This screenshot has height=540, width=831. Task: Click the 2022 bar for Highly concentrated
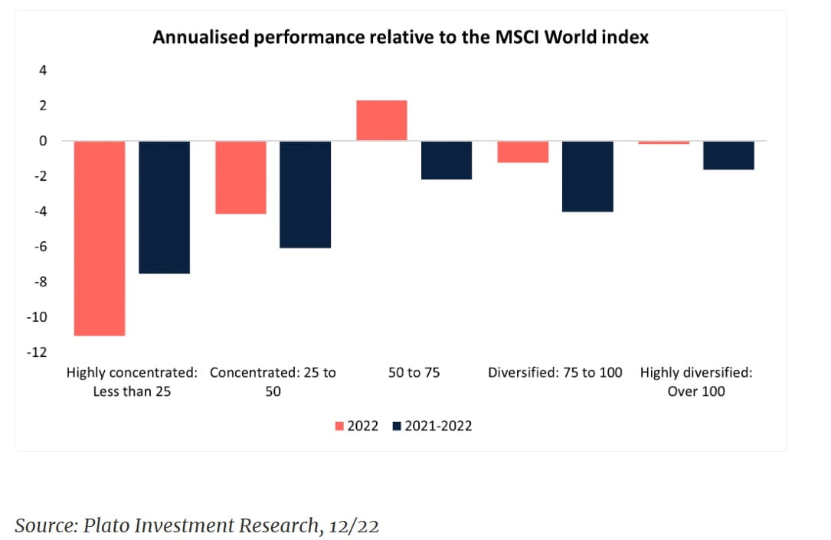point(100,238)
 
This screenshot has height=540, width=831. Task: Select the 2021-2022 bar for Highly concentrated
point(164,207)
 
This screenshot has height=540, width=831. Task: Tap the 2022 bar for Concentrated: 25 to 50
point(241,177)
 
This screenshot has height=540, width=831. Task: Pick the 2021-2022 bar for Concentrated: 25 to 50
point(306,195)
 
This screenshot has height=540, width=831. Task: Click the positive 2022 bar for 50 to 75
point(382,120)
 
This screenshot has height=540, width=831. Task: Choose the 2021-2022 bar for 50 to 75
point(447,160)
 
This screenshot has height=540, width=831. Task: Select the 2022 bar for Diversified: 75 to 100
point(523,152)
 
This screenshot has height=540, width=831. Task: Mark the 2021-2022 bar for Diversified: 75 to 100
point(587,176)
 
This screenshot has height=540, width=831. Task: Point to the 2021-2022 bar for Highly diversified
point(729,155)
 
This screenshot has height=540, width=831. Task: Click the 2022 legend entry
point(358,426)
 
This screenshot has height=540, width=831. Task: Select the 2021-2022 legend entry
point(432,426)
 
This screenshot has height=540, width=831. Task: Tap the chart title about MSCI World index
point(401,37)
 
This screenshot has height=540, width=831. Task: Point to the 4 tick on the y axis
point(43,70)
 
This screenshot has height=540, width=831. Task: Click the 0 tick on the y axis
point(43,141)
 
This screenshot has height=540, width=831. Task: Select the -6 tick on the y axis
point(41,247)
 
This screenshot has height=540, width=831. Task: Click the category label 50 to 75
point(414,373)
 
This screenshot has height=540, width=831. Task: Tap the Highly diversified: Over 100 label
point(696,381)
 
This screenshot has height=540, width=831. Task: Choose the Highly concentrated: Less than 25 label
point(132,381)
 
